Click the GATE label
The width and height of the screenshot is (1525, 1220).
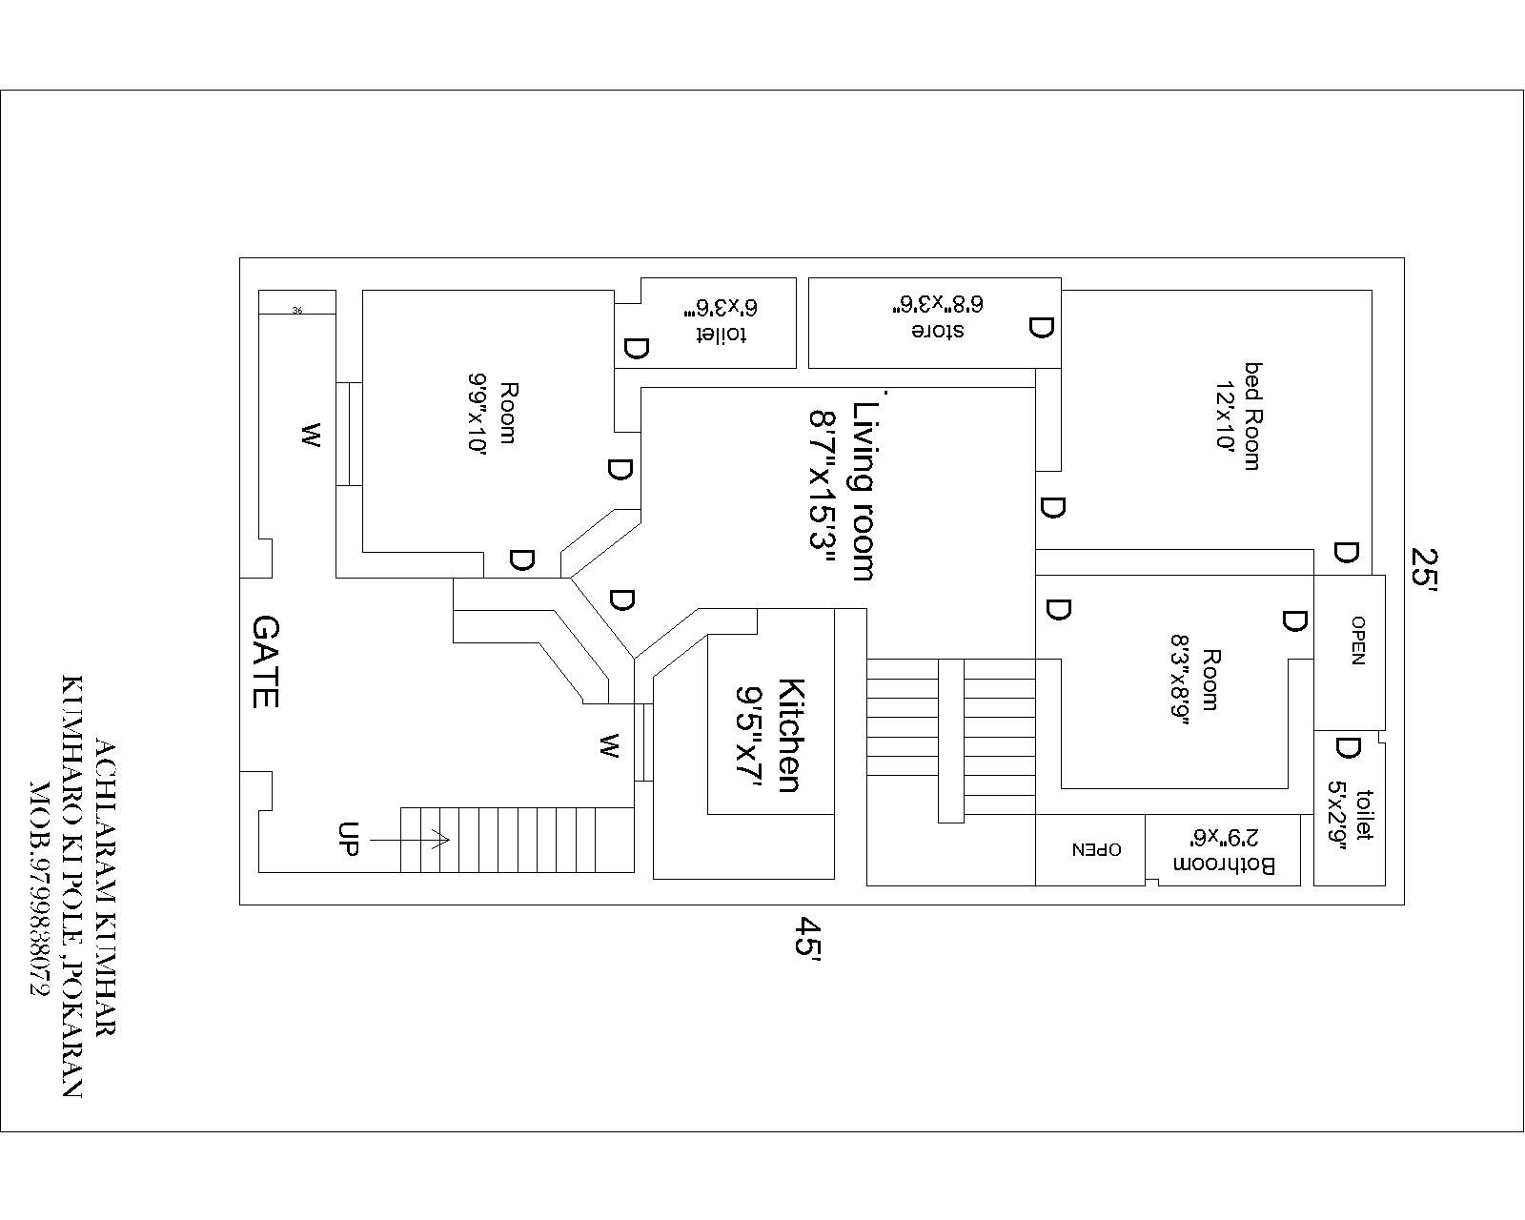point(266,661)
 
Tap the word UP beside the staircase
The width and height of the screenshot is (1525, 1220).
point(348,839)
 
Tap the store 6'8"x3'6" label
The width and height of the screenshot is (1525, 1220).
point(938,317)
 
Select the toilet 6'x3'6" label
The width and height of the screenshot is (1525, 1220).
point(722,321)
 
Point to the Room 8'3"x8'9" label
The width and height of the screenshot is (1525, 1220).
point(1195,681)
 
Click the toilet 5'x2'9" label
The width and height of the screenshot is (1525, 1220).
point(1351,815)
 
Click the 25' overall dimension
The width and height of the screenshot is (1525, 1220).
point(1424,569)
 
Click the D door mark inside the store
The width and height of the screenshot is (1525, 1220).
point(1040,329)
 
